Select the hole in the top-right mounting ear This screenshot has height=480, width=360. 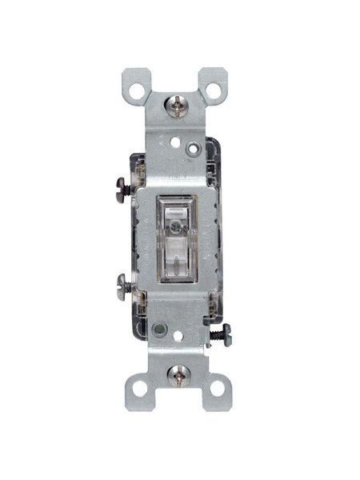tap(214, 82)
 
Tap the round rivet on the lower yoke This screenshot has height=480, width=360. tap(161, 327)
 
